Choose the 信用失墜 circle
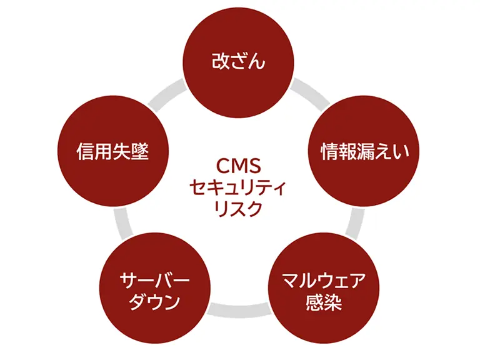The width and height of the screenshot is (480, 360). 113,150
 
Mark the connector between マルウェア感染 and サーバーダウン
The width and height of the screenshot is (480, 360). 239,308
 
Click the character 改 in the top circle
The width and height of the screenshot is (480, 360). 219,62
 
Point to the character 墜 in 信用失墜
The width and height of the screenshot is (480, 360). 141,151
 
